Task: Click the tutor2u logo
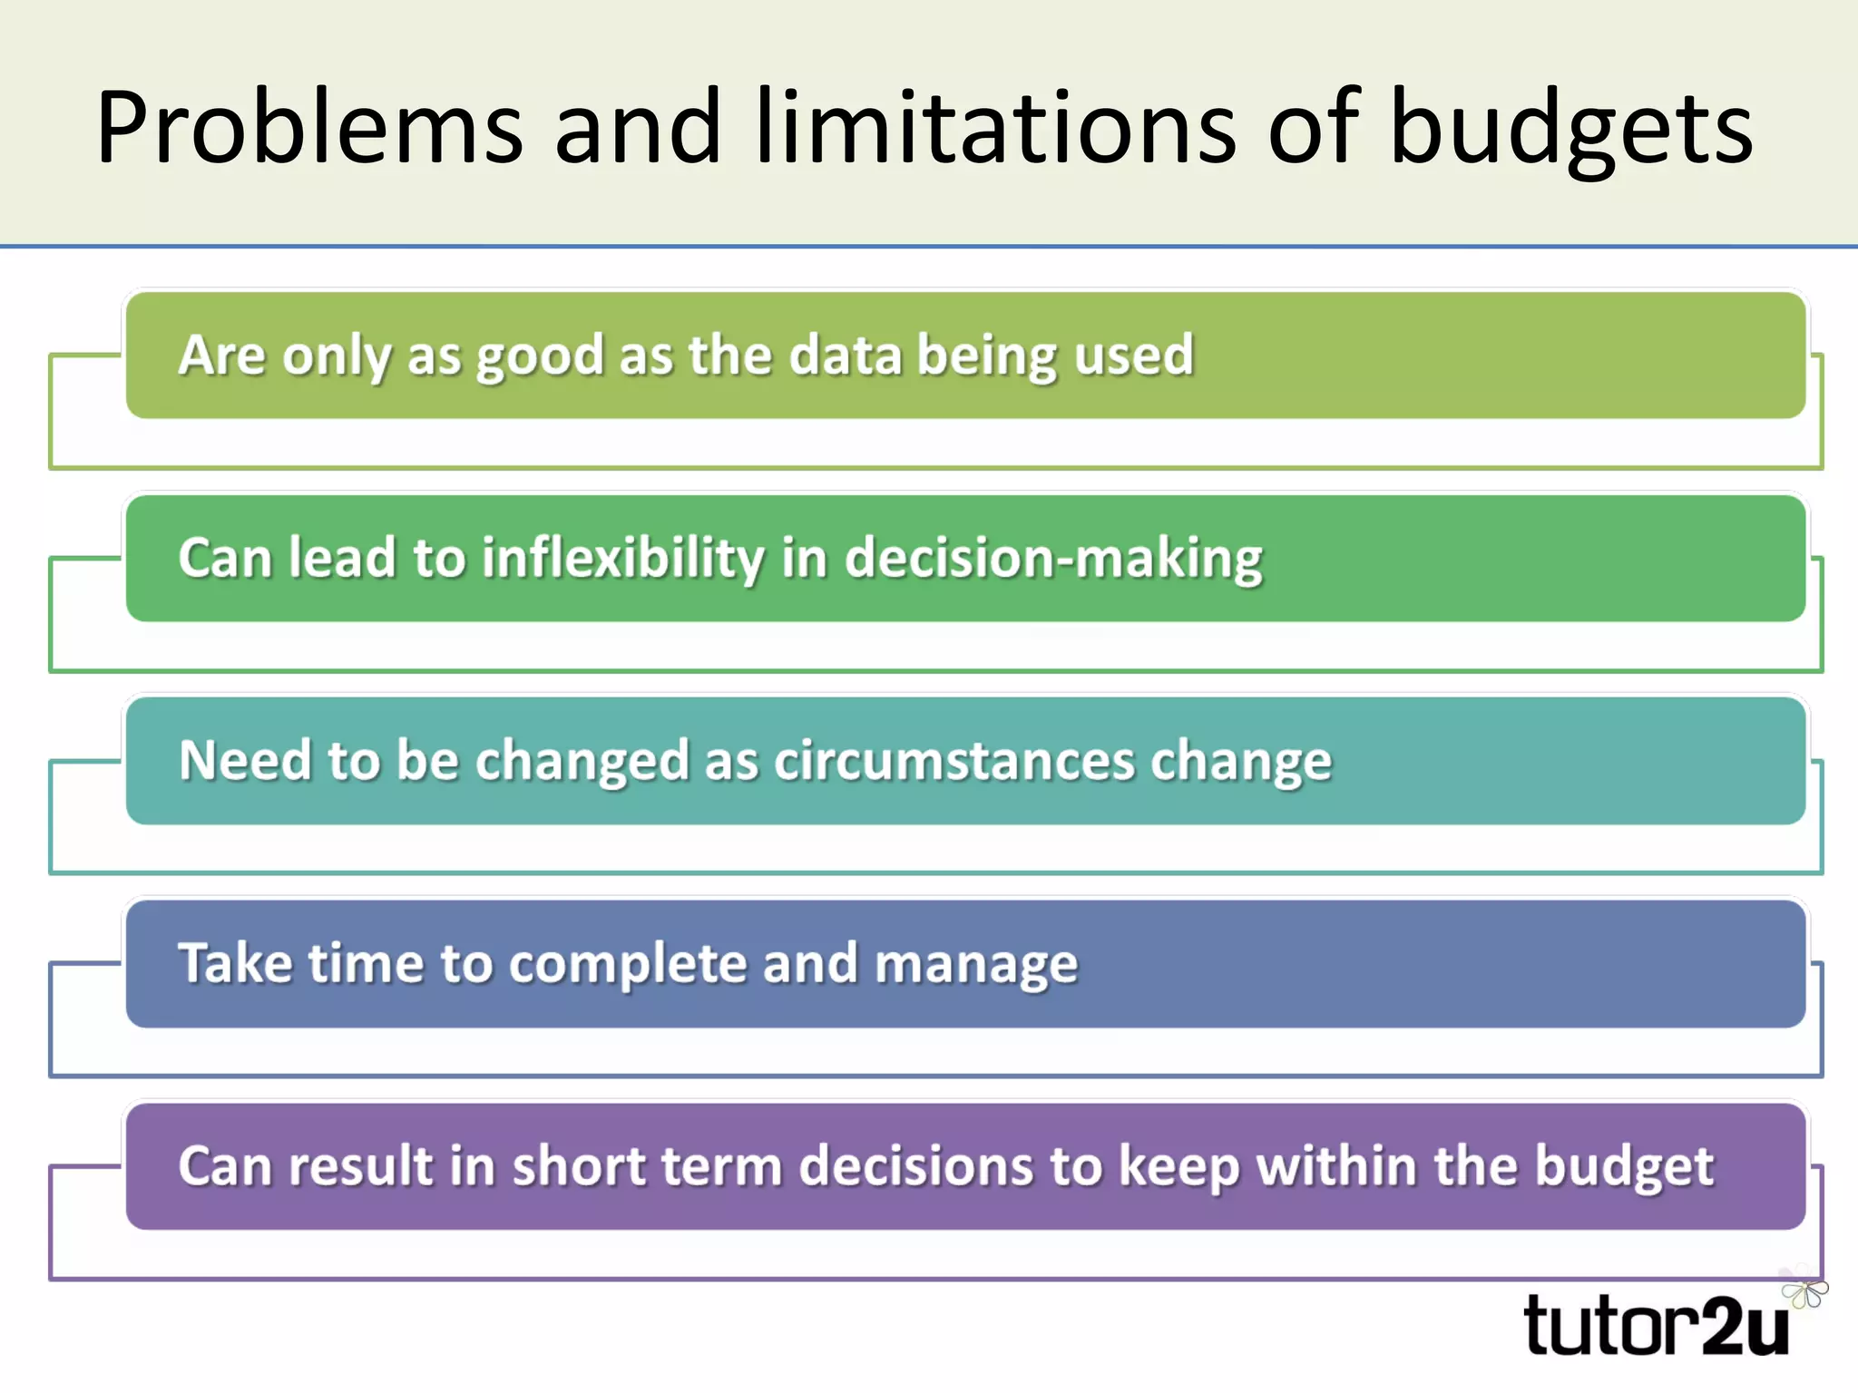pyautogui.click(x=1656, y=1327)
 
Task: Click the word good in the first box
pyautogui.click(x=540, y=356)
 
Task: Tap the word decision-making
pyautogui.click(x=1053, y=559)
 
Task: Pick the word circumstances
pyautogui.click(x=953, y=760)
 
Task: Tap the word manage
pyautogui.click(x=976, y=965)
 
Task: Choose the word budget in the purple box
pyautogui.click(x=1624, y=1167)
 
